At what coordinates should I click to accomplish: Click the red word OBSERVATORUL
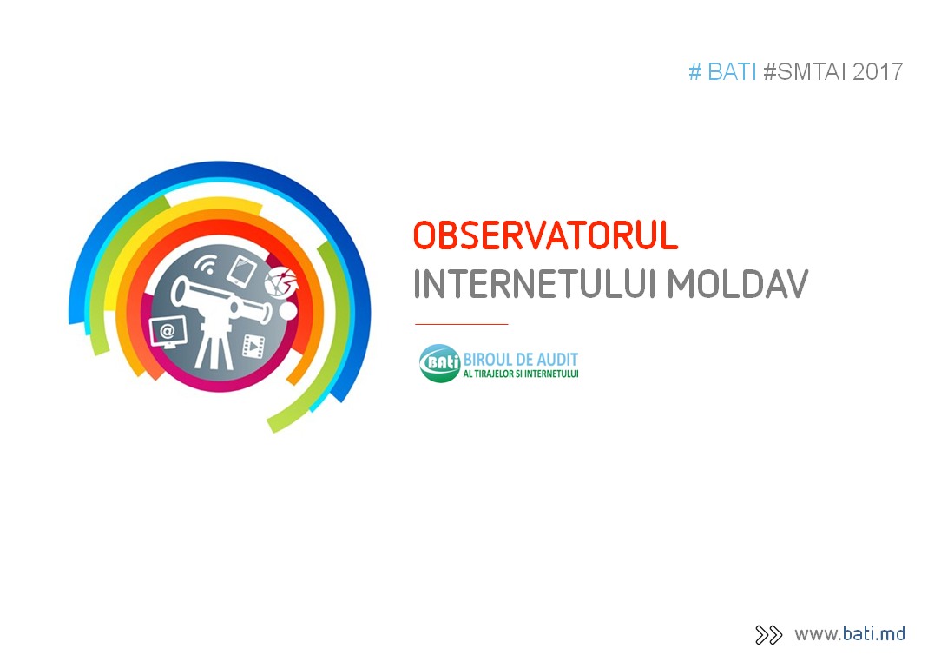point(545,235)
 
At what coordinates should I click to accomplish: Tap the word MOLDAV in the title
point(738,283)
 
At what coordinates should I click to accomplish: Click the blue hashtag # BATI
point(722,72)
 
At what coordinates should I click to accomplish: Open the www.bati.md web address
point(850,634)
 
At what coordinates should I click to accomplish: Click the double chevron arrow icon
point(769,635)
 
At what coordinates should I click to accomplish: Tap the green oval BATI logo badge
point(440,363)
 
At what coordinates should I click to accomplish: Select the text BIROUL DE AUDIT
point(520,360)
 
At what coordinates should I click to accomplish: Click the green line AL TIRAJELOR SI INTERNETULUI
point(520,374)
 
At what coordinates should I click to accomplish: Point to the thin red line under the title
point(462,324)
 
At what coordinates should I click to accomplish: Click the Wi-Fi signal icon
point(205,264)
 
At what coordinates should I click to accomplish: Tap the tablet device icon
point(242,271)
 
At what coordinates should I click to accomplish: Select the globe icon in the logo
point(281,282)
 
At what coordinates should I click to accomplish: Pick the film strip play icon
point(253,346)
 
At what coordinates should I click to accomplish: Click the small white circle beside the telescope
point(288,311)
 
